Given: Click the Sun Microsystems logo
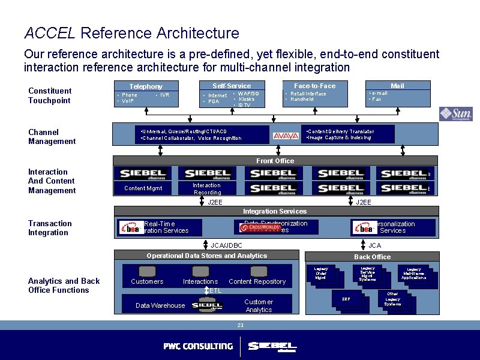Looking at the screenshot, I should pyautogui.click(x=455, y=114).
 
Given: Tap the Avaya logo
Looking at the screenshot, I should pyautogui.click(x=286, y=136).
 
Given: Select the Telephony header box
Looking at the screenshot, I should pyautogui.click(x=146, y=86).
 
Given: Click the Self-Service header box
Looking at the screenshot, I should pyautogui.click(x=232, y=86).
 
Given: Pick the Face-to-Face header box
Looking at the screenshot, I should pyautogui.click(x=314, y=86).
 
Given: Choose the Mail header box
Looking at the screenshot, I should pyautogui.click(x=397, y=86).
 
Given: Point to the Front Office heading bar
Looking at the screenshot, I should pyautogui.click(x=275, y=161).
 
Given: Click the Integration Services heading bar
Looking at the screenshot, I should pyautogui.click(x=275, y=211).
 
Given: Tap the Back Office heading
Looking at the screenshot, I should pyautogui.click(x=372, y=257).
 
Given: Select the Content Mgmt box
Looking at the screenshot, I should pyautogui.click(x=143, y=188).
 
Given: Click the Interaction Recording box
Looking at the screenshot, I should pyautogui.click(x=206, y=188).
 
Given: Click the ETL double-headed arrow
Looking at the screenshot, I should pyautogui.click(x=206, y=290).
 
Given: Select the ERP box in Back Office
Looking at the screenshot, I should pyautogui.click(x=347, y=299).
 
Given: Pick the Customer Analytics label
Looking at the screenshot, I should pyautogui.click(x=259, y=305).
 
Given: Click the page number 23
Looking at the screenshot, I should pyautogui.click(x=240, y=325).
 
